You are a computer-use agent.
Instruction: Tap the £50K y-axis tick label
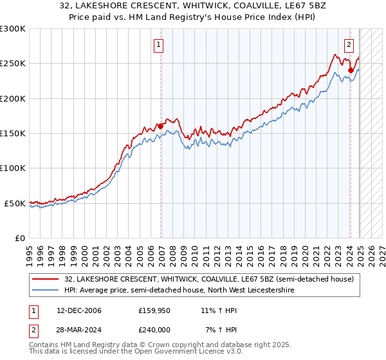click(14, 203)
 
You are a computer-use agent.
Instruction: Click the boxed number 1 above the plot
click(159, 45)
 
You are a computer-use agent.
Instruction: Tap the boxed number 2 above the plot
click(349, 45)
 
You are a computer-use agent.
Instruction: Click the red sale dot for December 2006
click(160, 126)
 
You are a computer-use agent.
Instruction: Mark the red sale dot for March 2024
click(351, 70)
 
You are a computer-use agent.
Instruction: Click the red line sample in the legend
click(44, 280)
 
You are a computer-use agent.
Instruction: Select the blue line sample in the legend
click(44, 291)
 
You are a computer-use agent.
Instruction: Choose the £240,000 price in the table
click(155, 330)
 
